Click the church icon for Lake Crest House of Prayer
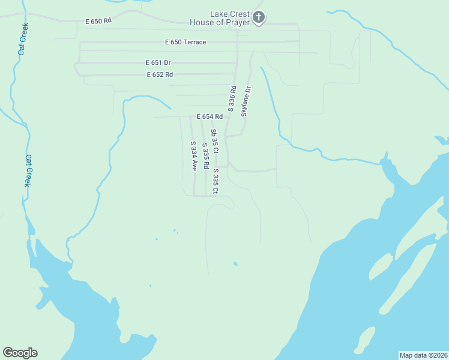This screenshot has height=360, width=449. [259, 17]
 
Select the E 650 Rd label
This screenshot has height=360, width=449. [98, 21]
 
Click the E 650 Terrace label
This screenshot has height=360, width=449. [185, 42]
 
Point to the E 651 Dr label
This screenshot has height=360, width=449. [158, 62]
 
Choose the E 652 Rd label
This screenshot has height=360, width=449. [160, 74]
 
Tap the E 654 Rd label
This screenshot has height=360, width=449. [209, 116]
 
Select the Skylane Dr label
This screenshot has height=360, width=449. [246, 101]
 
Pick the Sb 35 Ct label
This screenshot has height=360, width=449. [214, 141]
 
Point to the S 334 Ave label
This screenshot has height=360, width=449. [193, 156]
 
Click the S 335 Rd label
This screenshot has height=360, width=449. [205, 155]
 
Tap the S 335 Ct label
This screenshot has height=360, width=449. [215, 181]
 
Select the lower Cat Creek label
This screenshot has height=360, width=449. [28, 171]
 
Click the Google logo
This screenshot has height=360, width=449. [20, 353]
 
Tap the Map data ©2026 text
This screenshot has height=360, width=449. [423, 355]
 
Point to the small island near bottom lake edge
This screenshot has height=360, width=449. [365, 340]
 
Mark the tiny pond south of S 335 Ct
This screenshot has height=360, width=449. [235, 263]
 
